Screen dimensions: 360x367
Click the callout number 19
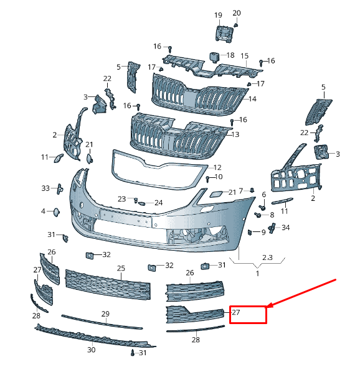(218, 15)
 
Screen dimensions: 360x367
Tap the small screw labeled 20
(236, 25)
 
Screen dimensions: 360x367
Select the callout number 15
(244, 56)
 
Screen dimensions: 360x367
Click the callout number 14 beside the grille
(252, 99)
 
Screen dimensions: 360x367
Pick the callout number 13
(235, 134)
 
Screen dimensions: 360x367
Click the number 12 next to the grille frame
(217, 167)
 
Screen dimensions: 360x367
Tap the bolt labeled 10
(207, 179)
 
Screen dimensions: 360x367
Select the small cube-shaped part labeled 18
(214, 57)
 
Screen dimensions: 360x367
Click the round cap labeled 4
(57, 212)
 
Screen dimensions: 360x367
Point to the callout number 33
(45, 188)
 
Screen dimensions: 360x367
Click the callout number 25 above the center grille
(121, 268)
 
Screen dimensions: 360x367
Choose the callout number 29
(105, 314)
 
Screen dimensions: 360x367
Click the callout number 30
(92, 350)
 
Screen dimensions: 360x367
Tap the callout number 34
(285, 228)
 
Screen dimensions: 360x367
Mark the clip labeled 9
(250, 232)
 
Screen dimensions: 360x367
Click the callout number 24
(159, 203)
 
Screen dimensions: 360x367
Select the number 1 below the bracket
(257, 273)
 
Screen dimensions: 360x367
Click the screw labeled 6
(262, 207)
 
